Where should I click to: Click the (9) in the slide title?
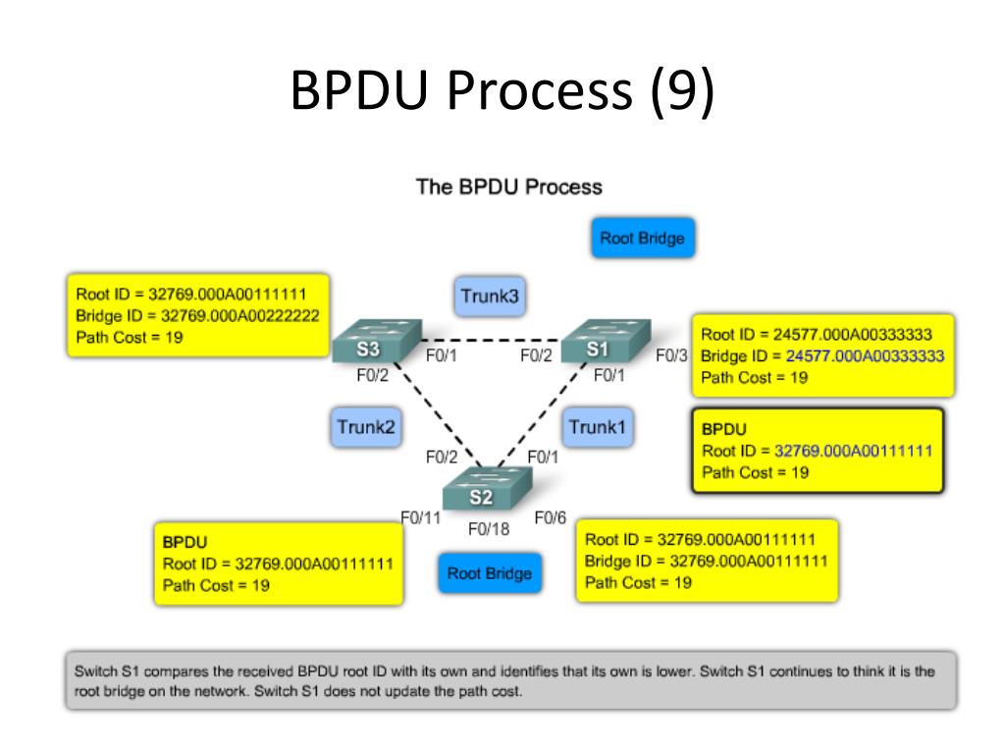pyautogui.click(x=680, y=91)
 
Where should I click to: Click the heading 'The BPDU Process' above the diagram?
pyautogui.click(x=508, y=187)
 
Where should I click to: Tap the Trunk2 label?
pyautogui.click(x=366, y=427)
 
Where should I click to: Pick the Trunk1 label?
pyautogui.click(x=598, y=427)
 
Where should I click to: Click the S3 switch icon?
pyautogui.click(x=376, y=343)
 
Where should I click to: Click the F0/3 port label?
pyautogui.click(x=672, y=354)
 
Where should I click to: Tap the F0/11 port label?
pyautogui.click(x=420, y=517)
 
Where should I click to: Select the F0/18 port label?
pyautogui.click(x=489, y=530)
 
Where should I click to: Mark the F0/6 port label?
pyautogui.click(x=550, y=517)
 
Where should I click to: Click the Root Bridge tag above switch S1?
pyautogui.click(x=642, y=239)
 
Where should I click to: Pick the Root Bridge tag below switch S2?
pyautogui.click(x=489, y=573)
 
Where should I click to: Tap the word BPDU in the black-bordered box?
pyautogui.click(x=724, y=429)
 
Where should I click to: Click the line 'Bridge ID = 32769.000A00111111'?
pyautogui.click(x=706, y=562)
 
